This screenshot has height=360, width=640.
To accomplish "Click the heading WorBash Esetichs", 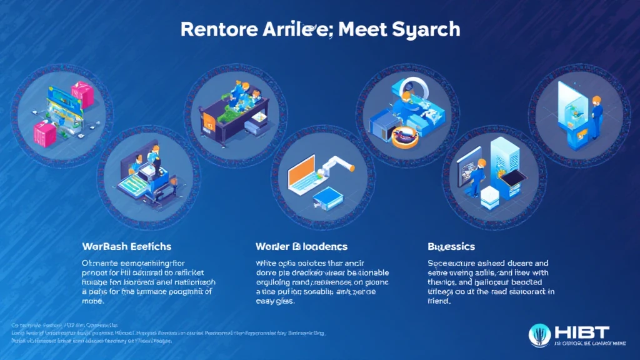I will coord(127,246).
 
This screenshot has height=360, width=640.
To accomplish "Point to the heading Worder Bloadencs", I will coord(301,246).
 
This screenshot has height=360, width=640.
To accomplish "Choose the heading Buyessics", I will coord(451,246).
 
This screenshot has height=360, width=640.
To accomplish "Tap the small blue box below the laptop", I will coord(326,198).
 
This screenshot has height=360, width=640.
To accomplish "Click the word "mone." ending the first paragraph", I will coord(92,301).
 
